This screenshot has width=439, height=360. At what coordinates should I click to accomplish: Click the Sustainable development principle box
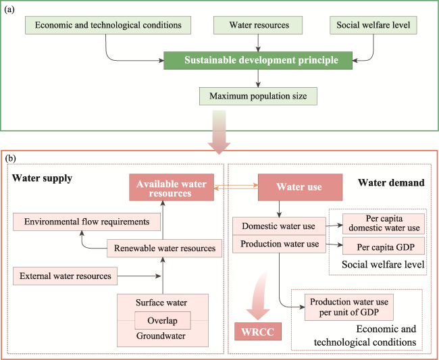click(258, 60)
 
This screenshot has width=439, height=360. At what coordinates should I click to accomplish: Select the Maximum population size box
click(258, 96)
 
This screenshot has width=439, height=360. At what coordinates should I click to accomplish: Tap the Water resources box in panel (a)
click(258, 25)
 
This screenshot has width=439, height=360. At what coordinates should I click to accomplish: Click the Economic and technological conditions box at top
click(108, 25)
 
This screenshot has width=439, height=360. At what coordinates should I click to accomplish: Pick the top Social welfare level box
click(373, 25)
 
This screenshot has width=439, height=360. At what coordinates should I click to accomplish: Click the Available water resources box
click(172, 187)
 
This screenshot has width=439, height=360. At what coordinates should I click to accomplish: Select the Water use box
click(300, 187)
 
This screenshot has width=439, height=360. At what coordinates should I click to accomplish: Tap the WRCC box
click(258, 332)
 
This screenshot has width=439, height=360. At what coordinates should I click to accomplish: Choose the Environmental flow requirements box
click(87, 222)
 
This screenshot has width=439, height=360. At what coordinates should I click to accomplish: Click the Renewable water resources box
click(164, 249)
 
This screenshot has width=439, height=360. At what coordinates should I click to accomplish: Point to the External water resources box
click(66, 276)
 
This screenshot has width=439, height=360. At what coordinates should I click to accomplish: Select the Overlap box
click(163, 321)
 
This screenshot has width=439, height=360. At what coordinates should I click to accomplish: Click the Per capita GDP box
click(384, 246)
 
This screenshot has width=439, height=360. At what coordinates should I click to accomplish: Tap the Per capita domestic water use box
click(384, 224)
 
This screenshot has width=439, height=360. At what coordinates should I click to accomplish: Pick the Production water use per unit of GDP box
click(349, 307)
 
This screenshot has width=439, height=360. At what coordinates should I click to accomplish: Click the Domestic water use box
click(279, 226)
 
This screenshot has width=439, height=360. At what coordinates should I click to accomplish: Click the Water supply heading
click(43, 178)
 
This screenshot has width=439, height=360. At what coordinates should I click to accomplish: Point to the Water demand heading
click(391, 183)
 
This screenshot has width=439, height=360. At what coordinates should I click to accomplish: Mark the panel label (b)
click(10, 159)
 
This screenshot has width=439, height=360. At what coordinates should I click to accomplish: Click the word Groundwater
click(161, 336)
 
